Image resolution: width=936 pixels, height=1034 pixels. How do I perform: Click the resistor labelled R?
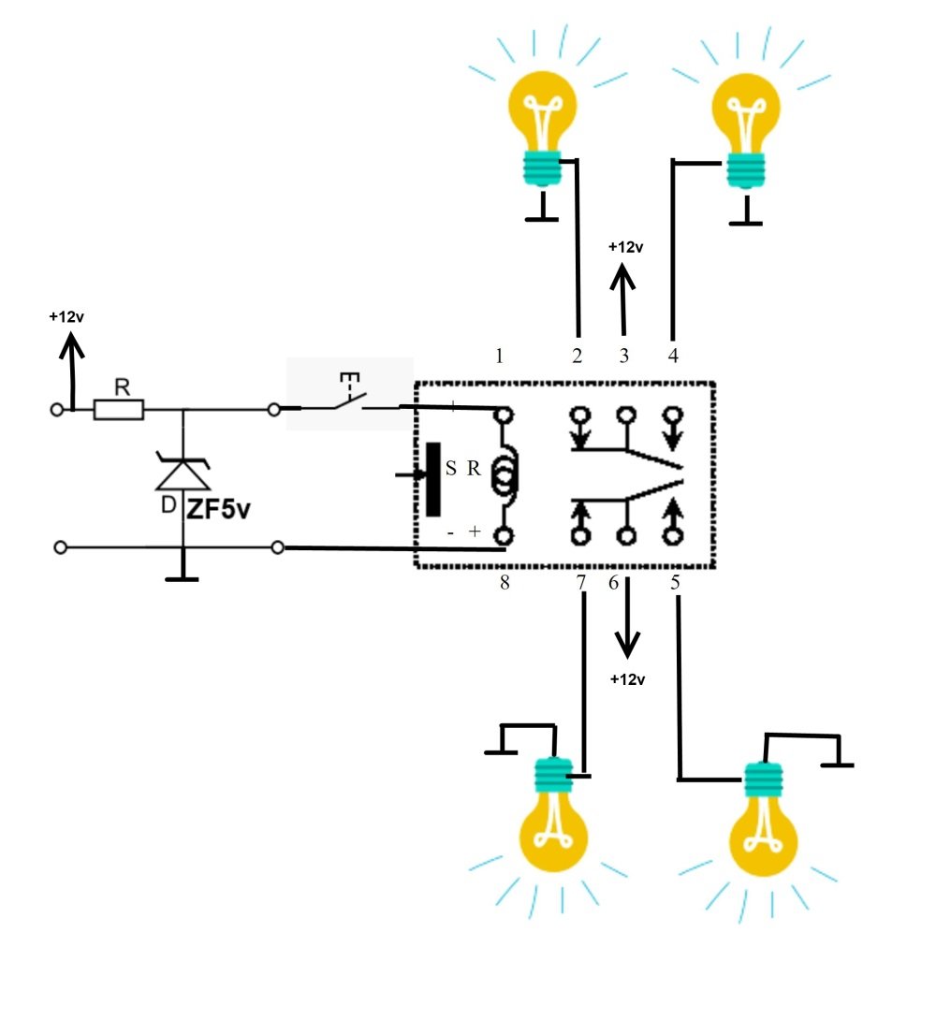coord(119,409)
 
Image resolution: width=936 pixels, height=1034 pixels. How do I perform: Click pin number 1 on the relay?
coord(500,356)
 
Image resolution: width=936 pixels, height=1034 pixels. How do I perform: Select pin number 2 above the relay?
coord(578,356)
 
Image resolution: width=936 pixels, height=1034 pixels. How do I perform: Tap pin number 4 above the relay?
coord(673,356)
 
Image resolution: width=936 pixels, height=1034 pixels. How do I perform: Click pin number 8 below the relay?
coord(505,583)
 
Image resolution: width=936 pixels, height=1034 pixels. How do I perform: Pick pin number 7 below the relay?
coord(581,583)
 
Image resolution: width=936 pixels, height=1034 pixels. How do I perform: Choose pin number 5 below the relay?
coord(675,583)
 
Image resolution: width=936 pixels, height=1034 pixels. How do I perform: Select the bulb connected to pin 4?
coord(747,122)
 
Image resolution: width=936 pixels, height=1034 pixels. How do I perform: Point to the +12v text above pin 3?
coord(625,247)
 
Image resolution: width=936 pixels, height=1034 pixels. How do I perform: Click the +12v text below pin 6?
coord(627,679)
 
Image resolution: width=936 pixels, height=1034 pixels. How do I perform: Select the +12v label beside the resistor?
coord(67,316)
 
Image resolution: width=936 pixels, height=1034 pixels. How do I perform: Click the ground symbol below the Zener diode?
coord(182,577)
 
